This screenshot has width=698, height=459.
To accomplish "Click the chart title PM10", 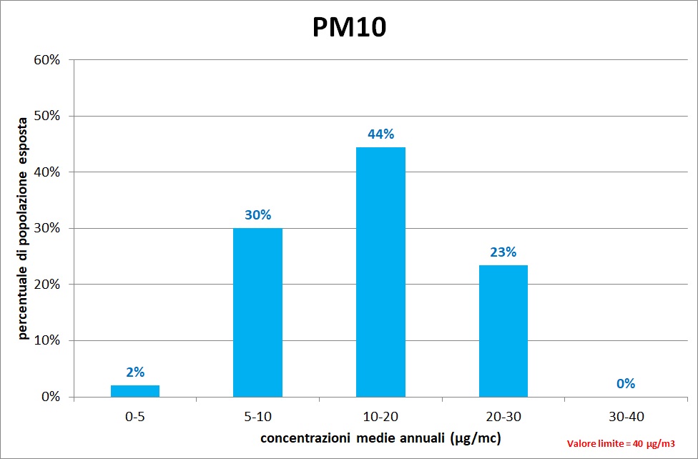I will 349,26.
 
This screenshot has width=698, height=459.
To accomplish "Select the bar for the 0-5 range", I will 135,390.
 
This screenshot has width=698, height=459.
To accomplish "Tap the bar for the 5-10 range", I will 257,312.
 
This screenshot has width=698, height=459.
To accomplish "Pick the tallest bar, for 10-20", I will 380,272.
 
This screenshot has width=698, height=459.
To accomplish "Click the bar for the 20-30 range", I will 503,330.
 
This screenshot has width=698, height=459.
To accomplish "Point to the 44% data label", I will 380,134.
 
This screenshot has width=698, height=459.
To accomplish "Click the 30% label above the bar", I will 257,214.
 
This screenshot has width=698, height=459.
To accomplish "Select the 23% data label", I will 503,252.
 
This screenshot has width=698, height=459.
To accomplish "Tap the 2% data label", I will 135,372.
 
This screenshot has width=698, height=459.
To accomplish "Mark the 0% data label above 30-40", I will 626,383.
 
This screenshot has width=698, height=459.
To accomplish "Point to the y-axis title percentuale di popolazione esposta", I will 24,227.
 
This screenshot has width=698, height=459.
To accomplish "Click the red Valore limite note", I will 621,443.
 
